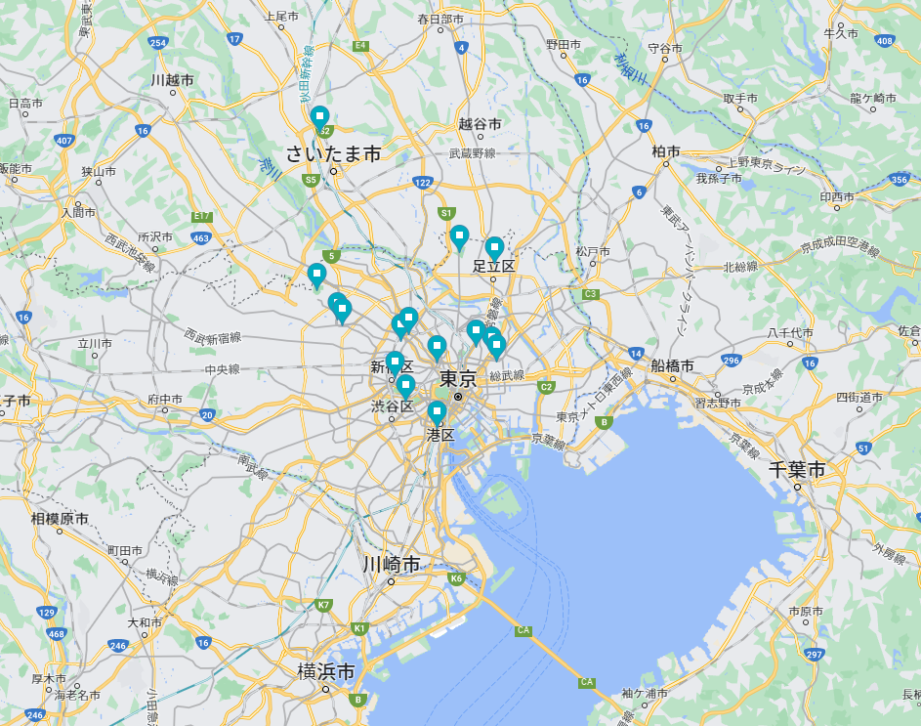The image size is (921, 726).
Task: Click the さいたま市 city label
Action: tap(333, 153)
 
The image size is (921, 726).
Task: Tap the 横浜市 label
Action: tap(326, 671)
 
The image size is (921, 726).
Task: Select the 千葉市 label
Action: tap(796, 469)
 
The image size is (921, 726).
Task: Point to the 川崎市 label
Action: tap(391, 565)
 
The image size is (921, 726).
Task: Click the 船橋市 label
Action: tap(672, 365)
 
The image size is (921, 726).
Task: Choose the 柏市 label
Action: tap(666, 151)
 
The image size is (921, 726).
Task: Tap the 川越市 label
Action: tap(172, 80)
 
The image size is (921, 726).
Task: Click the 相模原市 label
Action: tap(60, 519)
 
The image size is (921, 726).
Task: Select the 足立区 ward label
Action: tap(493, 265)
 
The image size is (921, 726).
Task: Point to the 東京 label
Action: tap(457, 379)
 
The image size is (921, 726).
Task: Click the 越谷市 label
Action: tap(480, 124)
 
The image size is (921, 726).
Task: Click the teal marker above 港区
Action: tap(437, 412)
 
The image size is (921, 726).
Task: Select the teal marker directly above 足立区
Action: tap(494, 248)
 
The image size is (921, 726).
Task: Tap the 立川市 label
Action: tap(96, 343)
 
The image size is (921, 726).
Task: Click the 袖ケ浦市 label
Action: tap(644, 693)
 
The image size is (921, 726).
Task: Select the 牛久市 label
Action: tap(840, 33)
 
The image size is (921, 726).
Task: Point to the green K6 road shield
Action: tap(456, 578)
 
